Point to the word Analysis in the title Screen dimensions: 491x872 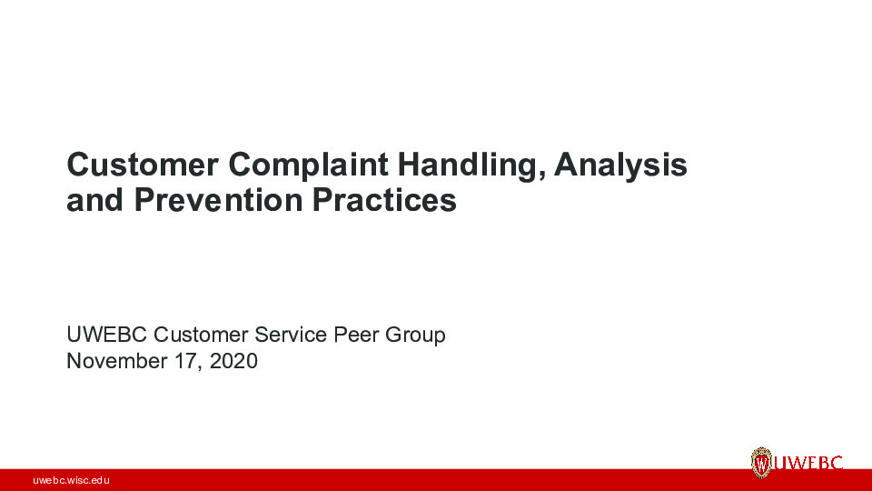(623, 166)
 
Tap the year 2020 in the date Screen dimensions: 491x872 (233, 361)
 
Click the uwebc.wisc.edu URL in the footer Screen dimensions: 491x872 (71, 479)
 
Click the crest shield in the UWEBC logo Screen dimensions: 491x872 (761, 463)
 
